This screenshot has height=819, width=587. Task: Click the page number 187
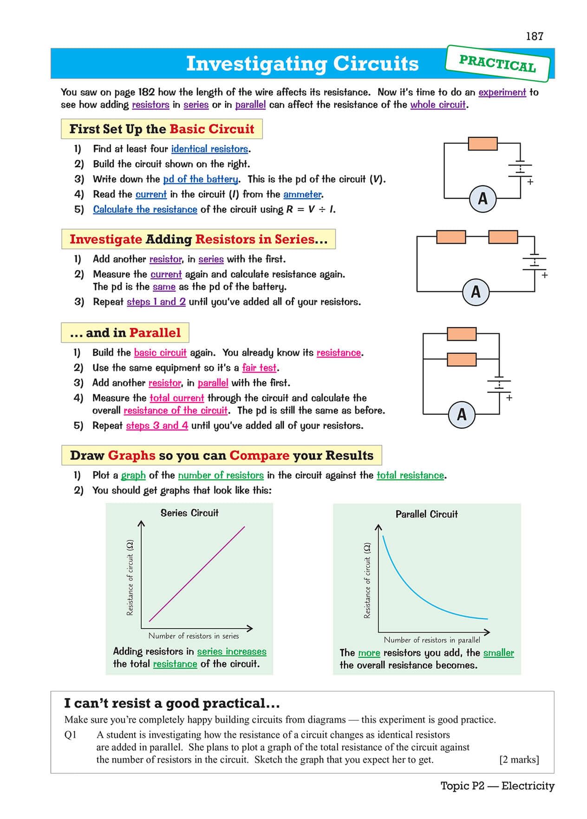[x=534, y=36]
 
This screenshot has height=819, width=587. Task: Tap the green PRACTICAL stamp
[x=497, y=63]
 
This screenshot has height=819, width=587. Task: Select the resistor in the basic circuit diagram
[x=483, y=143]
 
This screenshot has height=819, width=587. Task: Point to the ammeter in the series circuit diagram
[x=476, y=292]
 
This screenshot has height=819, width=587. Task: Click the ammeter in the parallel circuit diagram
[x=462, y=414]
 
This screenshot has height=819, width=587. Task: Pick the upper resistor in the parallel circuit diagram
[x=461, y=334]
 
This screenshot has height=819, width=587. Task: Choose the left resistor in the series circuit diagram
[x=451, y=237]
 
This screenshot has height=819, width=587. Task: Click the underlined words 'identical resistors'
[x=210, y=149]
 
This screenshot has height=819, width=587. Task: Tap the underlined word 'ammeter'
[x=302, y=194]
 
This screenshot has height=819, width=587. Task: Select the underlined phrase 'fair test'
[x=259, y=368]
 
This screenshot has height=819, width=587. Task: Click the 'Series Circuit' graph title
[x=189, y=513]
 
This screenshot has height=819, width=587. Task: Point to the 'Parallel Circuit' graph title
[x=426, y=514]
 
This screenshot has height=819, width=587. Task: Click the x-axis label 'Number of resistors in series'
[x=194, y=636]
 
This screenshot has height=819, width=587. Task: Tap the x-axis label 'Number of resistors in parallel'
[x=432, y=640]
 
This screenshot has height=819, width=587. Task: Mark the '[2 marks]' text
[x=519, y=760]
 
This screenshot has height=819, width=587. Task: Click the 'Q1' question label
[x=71, y=735]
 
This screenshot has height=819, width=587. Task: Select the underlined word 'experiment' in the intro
[x=502, y=92]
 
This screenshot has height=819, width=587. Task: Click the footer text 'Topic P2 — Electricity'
[x=497, y=786]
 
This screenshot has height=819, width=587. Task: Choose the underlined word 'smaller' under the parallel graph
[x=498, y=653]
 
